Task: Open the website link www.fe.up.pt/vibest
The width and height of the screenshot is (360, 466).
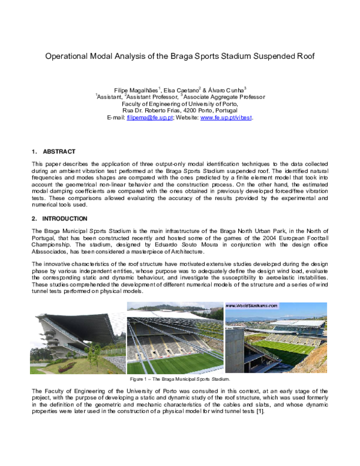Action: pyautogui.click(x=226, y=118)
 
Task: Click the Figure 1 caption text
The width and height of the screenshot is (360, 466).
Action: pyautogui.click(x=180, y=380)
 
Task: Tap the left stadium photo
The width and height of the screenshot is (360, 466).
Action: pyautogui.click(x=77, y=342)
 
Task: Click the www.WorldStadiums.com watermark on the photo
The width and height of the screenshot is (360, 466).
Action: pyautogui.click(x=252, y=306)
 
